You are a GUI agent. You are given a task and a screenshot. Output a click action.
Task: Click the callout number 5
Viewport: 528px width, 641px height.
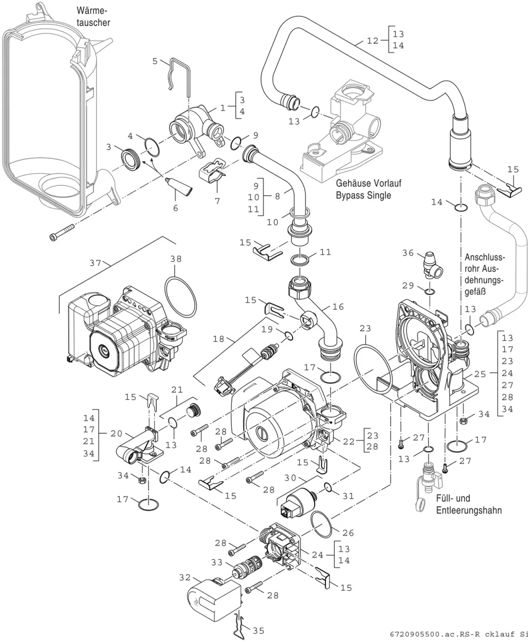[x=155, y=61]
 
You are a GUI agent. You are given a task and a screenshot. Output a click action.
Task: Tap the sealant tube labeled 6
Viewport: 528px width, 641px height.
[x=179, y=186]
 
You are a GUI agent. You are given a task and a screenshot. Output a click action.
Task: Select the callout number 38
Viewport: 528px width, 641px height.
[x=176, y=259]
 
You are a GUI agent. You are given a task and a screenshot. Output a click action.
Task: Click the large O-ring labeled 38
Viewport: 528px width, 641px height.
[x=181, y=297]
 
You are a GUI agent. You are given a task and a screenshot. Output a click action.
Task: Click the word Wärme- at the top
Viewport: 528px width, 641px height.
[x=92, y=11]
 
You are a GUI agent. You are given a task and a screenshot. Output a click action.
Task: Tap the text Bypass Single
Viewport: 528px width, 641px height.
[x=363, y=195]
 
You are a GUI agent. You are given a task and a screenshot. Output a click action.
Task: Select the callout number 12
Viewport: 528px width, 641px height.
[x=373, y=41]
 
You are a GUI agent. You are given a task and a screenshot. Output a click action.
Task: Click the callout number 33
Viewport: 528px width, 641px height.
[x=217, y=562]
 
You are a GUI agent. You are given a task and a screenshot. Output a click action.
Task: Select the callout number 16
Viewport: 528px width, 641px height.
[x=338, y=307]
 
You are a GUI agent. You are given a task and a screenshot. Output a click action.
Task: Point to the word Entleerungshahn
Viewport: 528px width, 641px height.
[x=469, y=510]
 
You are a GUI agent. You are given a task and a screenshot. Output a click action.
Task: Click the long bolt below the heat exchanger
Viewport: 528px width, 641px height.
[x=62, y=232]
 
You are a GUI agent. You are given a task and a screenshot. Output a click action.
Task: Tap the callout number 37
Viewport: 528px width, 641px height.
[x=95, y=263]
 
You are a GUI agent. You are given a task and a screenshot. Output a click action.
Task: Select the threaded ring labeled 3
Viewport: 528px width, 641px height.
[x=131, y=159]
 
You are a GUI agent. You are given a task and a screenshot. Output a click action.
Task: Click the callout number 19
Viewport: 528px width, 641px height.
[x=267, y=329]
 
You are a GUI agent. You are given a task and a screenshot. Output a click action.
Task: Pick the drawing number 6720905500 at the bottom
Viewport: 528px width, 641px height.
[x=415, y=634]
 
